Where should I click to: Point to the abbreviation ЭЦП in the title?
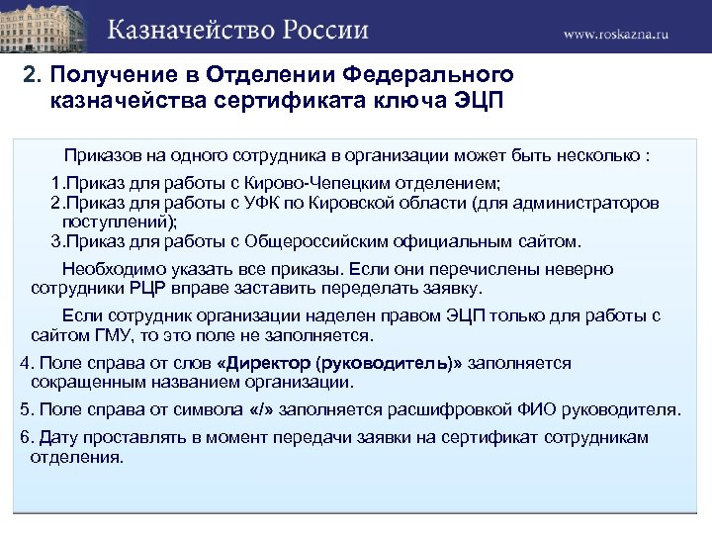(x=477, y=103)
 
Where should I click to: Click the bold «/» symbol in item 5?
(x=260, y=409)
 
